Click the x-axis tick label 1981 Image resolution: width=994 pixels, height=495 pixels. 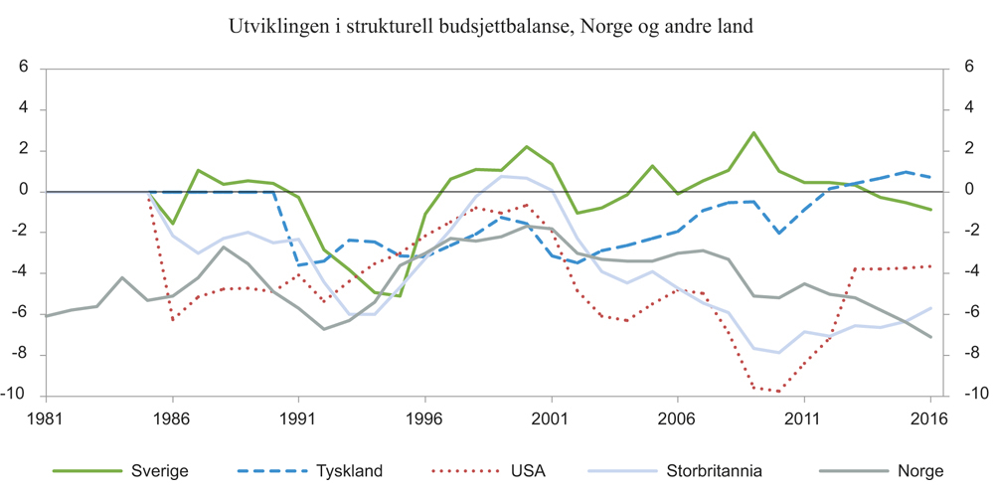click(47, 419)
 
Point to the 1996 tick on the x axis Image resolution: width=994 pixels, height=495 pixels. click(424, 419)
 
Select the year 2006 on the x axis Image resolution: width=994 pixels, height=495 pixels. click(677, 419)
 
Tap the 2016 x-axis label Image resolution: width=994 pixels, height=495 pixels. click(929, 419)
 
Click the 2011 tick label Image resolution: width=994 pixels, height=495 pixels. click(803, 419)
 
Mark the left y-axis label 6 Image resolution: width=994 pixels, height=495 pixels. click(24, 70)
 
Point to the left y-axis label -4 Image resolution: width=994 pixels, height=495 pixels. click(21, 273)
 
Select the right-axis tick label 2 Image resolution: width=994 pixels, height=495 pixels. click(960, 151)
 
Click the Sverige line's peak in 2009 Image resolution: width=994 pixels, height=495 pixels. click(753, 132)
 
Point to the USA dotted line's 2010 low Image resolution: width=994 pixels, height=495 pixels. click(778, 392)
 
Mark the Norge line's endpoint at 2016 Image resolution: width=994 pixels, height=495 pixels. click(930, 337)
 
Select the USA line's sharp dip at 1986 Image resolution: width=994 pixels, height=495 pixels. click(173, 320)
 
